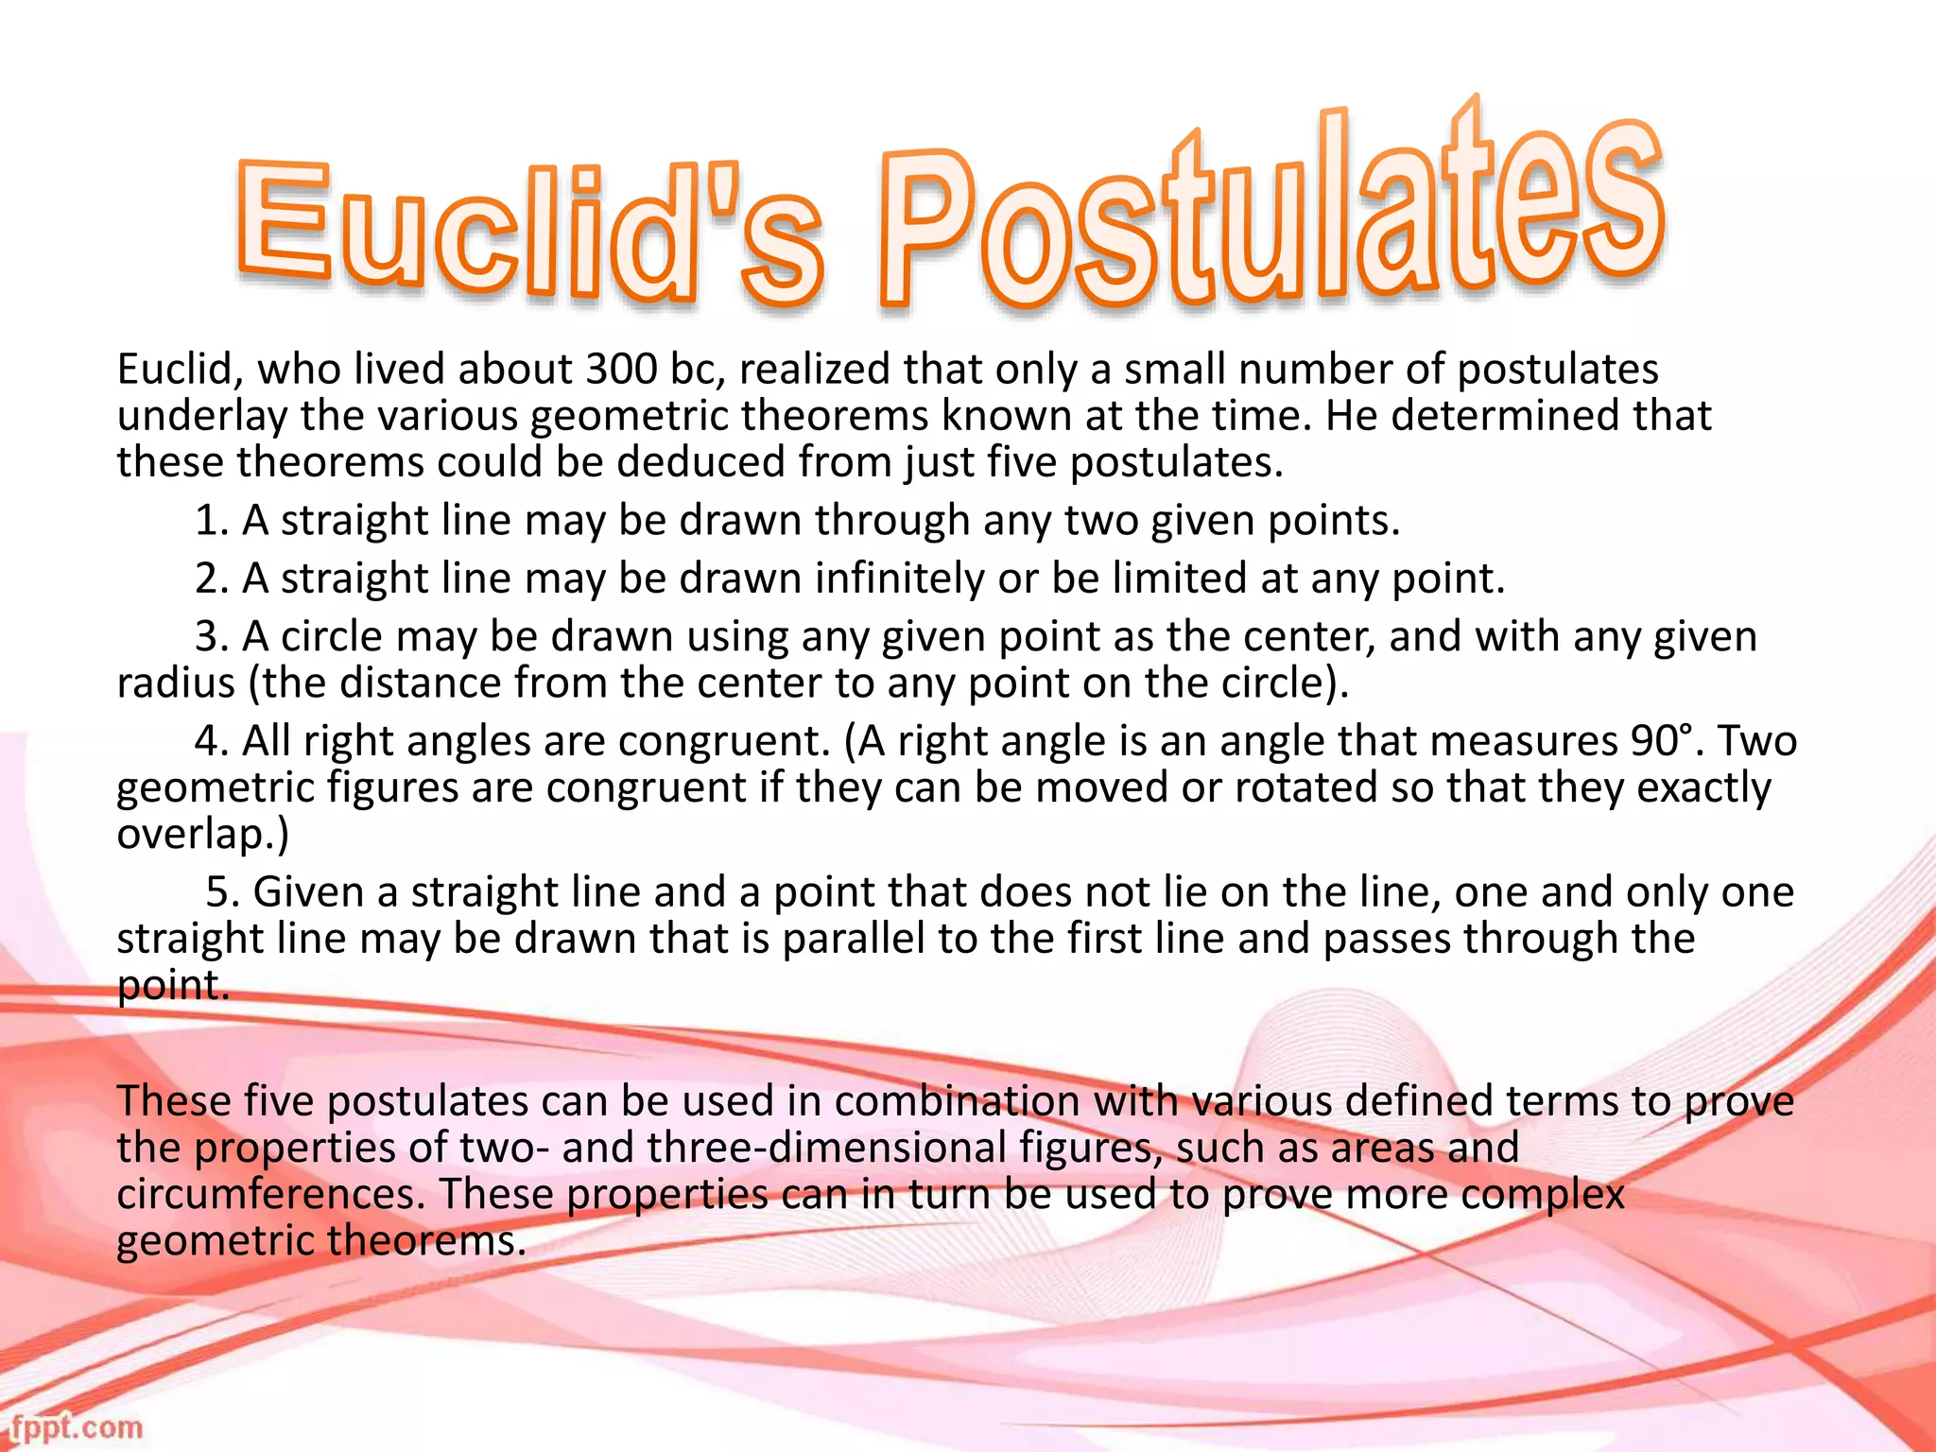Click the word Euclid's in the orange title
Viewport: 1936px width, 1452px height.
pyautogui.click(x=529, y=232)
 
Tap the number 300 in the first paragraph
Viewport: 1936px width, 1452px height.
pyautogui.click(x=620, y=370)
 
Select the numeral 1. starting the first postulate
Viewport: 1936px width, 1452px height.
pyautogui.click(x=212, y=521)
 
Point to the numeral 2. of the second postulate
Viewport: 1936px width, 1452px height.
pyautogui.click(x=212, y=579)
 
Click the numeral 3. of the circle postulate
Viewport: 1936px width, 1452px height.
pyautogui.click(x=212, y=637)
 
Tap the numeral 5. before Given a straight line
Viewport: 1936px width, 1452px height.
pyautogui.click(x=223, y=892)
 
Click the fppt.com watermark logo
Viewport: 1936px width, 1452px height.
pyautogui.click(x=76, y=1426)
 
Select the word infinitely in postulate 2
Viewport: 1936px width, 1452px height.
pyautogui.click(x=899, y=579)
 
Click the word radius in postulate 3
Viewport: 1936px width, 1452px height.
pyautogui.click(x=176, y=683)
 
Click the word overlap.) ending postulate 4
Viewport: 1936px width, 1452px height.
pyautogui.click(x=202, y=834)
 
